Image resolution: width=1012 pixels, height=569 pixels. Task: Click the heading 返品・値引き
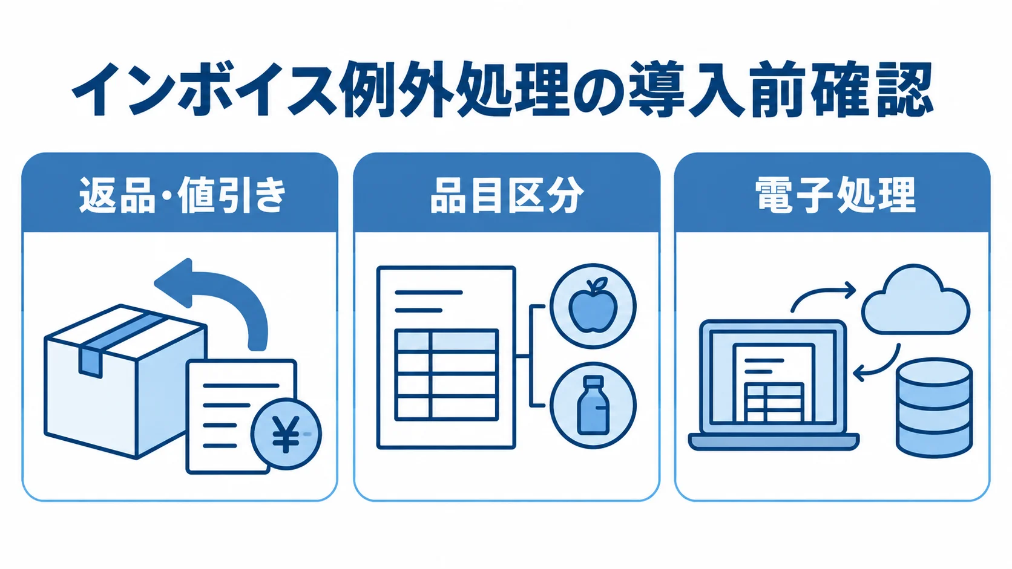pyautogui.click(x=183, y=195)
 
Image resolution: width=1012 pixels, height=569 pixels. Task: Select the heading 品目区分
pyautogui.click(x=507, y=195)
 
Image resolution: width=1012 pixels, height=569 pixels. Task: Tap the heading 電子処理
pyautogui.click(x=835, y=195)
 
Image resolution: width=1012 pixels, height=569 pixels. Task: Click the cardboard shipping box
pyautogui.click(x=126, y=382)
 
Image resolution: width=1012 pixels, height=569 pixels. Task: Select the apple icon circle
pyautogui.click(x=593, y=306)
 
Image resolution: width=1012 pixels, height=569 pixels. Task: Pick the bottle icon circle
pyautogui.click(x=593, y=406)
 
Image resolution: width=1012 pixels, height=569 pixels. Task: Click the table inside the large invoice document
pyautogui.click(x=446, y=374)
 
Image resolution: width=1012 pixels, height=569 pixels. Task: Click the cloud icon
pyautogui.click(x=915, y=299)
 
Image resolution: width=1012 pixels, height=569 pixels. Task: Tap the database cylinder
pyautogui.click(x=935, y=408)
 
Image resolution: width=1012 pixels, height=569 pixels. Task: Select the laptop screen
pyautogui.click(x=773, y=377)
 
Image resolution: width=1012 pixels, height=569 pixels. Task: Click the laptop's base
pyautogui.click(x=774, y=442)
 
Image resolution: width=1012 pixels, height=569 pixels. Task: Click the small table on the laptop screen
pyautogui.click(x=774, y=402)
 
